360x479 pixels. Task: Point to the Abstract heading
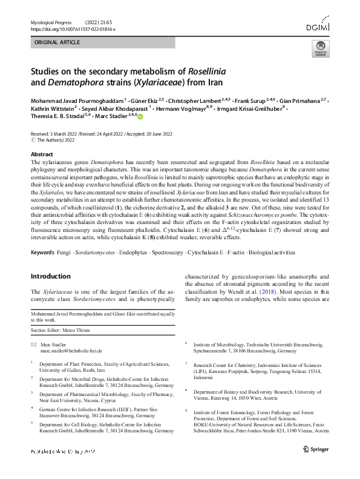[x=42, y=154]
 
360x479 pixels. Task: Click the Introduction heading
[x=53, y=276]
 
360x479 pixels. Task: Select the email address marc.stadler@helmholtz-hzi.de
[x=71, y=351]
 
